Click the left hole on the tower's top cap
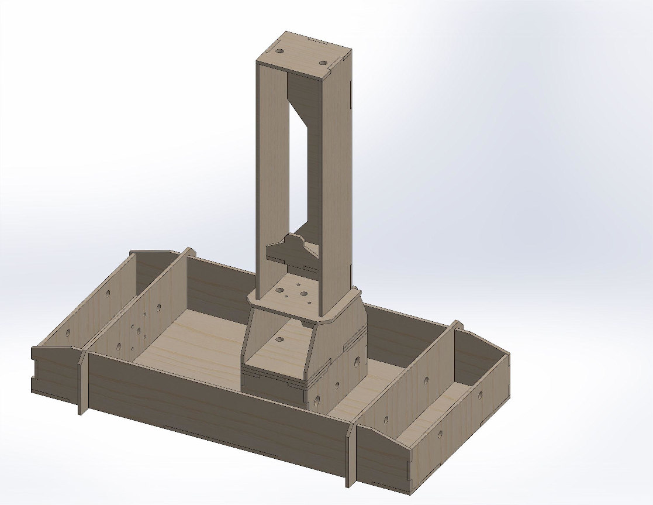[x=280, y=52]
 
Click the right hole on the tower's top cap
[x=323, y=61]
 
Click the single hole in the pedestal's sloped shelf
[x=279, y=339]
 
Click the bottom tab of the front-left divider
[x=82, y=404]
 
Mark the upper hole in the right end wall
[x=481, y=395]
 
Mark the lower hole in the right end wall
[x=440, y=434]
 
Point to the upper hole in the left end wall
[x=108, y=295]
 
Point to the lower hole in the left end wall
[x=68, y=334]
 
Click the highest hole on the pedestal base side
[x=355, y=364]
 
